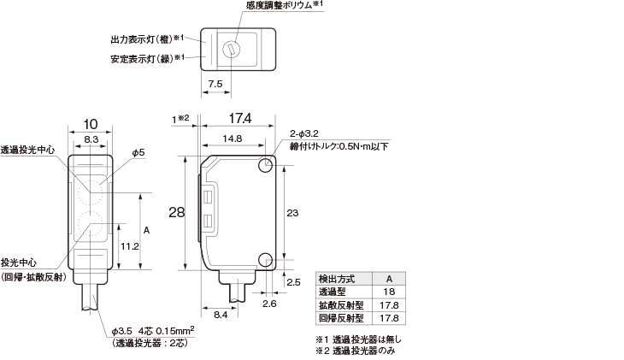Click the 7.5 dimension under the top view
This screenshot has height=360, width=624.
click(215, 84)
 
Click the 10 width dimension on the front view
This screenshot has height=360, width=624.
click(91, 123)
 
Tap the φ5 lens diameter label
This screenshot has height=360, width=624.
click(138, 152)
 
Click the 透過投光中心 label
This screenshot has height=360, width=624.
click(28, 150)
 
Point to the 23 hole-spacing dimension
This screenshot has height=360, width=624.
click(292, 212)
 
